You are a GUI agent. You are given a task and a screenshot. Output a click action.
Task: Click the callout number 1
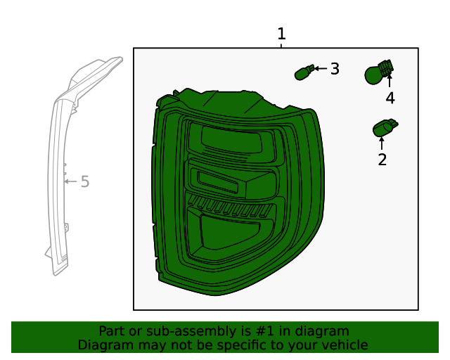[281, 34]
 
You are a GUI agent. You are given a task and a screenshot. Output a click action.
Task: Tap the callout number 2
[382, 160]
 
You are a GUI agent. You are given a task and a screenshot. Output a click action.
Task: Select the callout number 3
[335, 69]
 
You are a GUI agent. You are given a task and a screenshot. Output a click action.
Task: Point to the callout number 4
[390, 98]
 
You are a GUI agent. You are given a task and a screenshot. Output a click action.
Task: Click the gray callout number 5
[85, 182]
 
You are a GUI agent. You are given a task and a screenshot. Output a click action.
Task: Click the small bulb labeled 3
[303, 72]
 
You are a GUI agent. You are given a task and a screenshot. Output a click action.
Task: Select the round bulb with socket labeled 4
[378, 72]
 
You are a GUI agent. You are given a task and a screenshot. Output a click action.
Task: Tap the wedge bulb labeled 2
[384, 129]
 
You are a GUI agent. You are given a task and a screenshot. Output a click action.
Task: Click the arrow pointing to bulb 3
[319, 69]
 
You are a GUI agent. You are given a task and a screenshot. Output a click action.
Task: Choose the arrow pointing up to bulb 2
[382, 144]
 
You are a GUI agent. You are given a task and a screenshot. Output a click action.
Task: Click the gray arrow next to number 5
[70, 181]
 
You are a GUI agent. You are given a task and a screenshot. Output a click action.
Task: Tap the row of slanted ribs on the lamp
[229, 209]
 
